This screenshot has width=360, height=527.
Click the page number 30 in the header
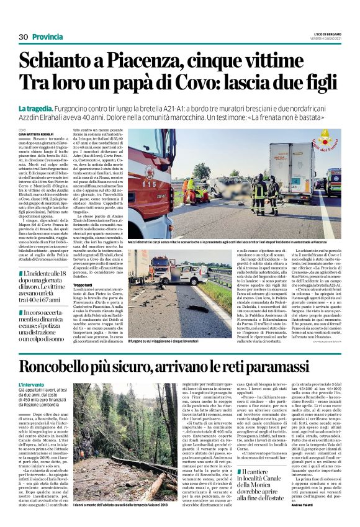(x=24, y=37)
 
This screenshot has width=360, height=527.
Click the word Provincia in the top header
(x=48, y=37)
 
